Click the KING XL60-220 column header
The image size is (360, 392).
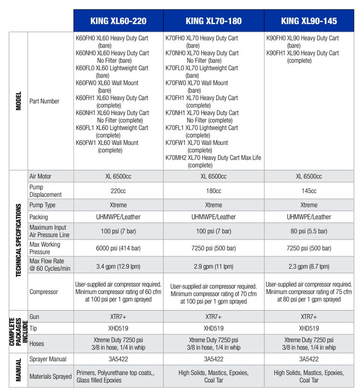point(118,21)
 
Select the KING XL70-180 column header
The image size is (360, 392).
point(213,21)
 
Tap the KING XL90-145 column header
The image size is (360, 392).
point(309,21)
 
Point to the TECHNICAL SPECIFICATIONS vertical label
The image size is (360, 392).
point(18,240)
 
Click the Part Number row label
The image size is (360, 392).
point(44,101)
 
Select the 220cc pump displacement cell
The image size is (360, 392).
point(118,191)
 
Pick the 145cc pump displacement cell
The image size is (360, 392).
point(309,191)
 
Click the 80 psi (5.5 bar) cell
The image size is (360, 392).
point(309,231)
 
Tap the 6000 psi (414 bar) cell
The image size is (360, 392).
point(118,248)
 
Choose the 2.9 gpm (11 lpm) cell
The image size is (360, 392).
point(213,266)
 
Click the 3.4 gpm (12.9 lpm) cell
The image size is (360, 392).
point(118,266)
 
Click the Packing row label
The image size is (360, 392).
point(39,217)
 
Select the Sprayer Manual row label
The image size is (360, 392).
point(48,359)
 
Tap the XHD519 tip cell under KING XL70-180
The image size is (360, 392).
point(213,329)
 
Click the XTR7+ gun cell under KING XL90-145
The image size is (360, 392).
point(309,317)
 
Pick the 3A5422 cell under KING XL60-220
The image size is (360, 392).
point(118,359)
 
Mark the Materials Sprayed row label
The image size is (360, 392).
point(50,376)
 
